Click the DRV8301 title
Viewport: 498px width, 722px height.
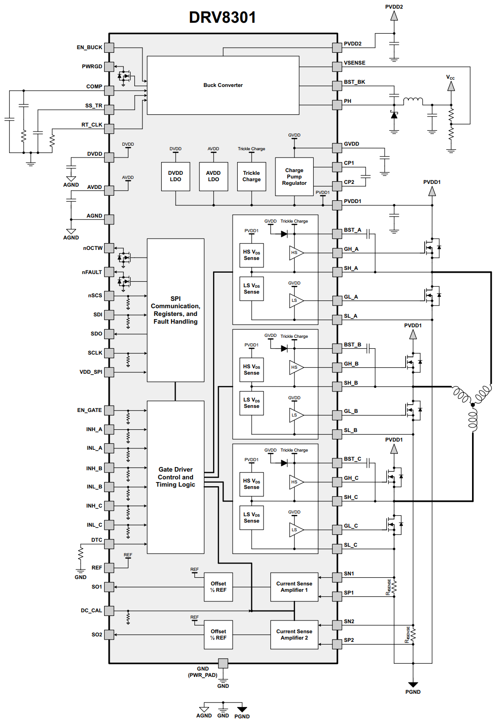click(222, 17)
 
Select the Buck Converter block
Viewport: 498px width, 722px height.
click(223, 85)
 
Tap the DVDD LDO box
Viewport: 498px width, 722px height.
click(175, 177)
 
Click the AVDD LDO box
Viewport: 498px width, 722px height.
click(213, 177)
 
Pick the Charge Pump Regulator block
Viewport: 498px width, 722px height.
click(294, 177)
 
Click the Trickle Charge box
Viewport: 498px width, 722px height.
click(251, 177)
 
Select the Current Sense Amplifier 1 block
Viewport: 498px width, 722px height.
click(294, 587)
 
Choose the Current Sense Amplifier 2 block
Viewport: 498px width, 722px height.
click(294, 635)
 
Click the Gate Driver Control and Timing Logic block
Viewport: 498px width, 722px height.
click(175, 477)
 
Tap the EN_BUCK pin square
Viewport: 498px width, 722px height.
click(109, 47)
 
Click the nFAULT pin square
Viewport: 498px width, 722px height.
click(109, 272)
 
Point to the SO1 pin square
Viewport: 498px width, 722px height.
click(109, 587)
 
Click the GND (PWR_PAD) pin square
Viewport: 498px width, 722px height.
click(223, 663)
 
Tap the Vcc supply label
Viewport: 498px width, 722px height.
click(450, 78)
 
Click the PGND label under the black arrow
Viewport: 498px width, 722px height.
click(413, 692)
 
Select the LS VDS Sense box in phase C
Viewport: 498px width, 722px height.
click(251, 518)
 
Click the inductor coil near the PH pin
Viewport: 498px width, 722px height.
click(413, 101)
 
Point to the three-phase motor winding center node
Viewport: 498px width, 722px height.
click(473, 405)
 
